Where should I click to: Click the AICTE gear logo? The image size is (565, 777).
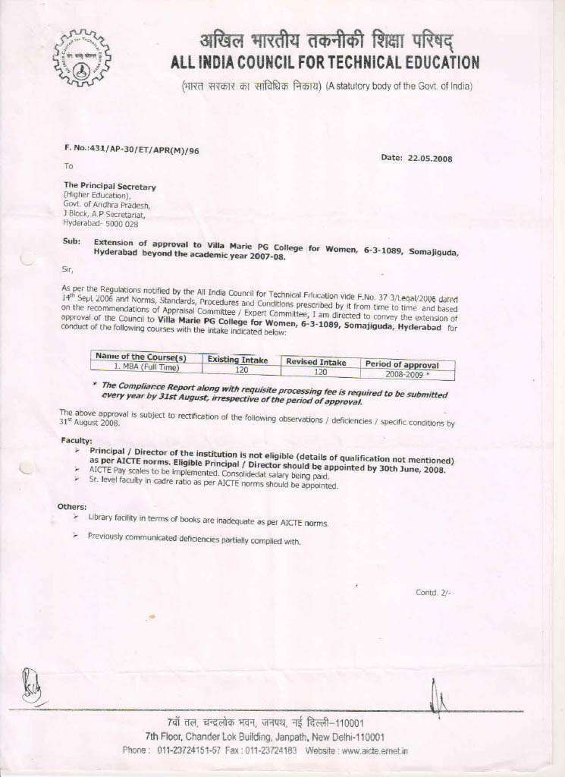(81, 58)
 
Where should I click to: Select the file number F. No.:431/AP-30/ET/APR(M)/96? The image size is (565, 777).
(131, 150)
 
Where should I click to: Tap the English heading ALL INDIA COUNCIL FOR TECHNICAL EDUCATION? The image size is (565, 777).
(325, 63)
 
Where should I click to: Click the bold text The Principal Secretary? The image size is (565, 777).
(110, 186)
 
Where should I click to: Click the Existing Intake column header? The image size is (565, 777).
(237, 360)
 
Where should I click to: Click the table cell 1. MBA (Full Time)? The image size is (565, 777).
(146, 367)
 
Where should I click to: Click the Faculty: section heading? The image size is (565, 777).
(77, 440)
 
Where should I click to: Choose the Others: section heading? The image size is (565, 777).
(72, 506)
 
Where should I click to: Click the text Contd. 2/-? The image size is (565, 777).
(433, 593)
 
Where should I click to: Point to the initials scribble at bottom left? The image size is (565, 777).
(31, 685)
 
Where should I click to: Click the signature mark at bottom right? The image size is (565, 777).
(438, 699)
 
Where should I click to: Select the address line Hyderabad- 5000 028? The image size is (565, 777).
(101, 224)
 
